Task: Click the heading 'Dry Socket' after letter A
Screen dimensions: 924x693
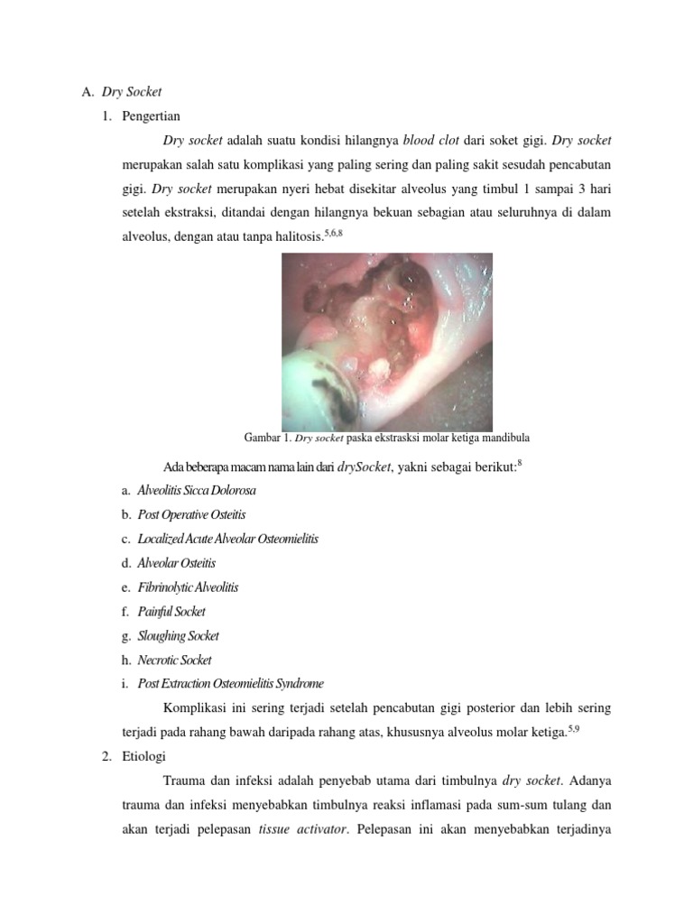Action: (131, 92)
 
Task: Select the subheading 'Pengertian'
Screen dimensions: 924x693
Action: (151, 116)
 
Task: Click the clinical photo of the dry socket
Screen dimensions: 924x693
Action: (387, 341)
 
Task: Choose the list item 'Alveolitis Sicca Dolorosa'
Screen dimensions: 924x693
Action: (197, 491)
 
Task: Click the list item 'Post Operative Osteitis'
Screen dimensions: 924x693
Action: (191, 515)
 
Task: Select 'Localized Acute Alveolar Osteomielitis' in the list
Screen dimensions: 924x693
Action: (227, 539)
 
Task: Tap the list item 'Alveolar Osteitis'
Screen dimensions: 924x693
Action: (177, 563)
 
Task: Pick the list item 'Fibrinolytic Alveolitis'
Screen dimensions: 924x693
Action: (188, 587)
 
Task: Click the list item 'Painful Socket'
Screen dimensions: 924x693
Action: (171, 612)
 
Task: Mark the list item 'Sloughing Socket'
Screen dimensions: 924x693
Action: (178, 635)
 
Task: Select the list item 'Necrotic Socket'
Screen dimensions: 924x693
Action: (174, 660)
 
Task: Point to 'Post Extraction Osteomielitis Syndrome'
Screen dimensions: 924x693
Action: (230, 684)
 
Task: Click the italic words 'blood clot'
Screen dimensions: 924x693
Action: (431, 142)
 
